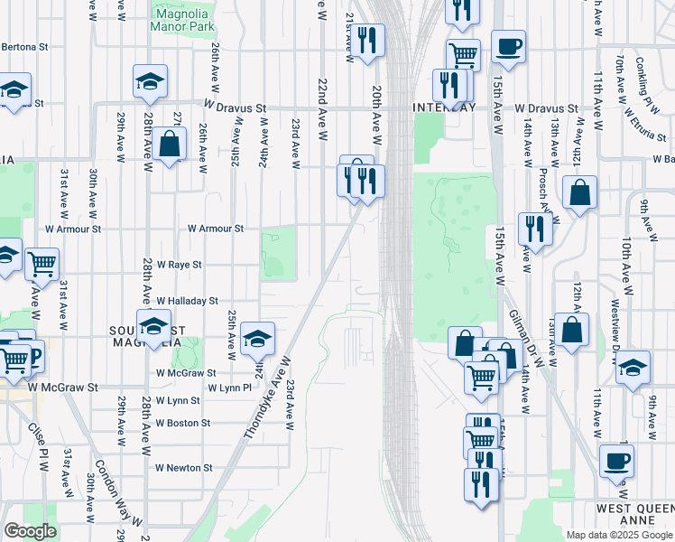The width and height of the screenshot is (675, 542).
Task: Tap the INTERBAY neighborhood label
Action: (x=443, y=107)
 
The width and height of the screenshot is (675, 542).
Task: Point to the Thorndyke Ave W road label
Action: (x=266, y=397)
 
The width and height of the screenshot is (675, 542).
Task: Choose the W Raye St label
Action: (x=179, y=266)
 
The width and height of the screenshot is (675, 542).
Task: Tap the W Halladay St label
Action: (x=187, y=301)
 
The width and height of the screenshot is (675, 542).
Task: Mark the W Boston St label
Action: (x=182, y=423)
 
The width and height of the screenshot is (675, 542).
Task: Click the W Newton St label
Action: (x=183, y=468)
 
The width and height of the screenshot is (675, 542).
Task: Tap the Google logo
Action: (x=30, y=531)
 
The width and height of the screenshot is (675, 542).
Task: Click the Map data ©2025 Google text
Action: (x=618, y=535)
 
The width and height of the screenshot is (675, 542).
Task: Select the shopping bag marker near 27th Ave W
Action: (x=170, y=144)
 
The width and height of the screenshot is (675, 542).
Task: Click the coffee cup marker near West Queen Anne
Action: (x=616, y=460)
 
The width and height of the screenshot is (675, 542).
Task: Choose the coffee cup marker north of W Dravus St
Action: (x=508, y=46)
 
